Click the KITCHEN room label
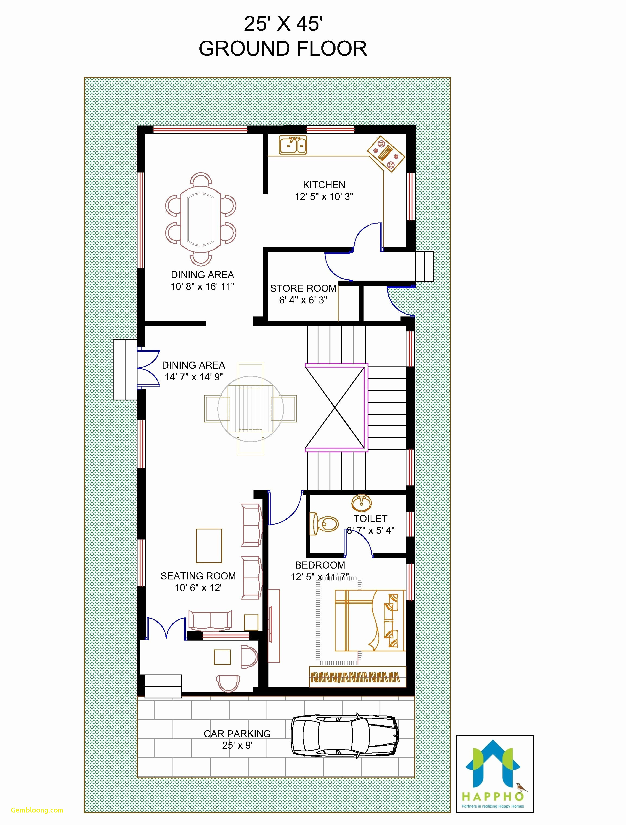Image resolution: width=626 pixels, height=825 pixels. [x=324, y=185]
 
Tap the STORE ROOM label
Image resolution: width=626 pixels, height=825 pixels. [x=303, y=288]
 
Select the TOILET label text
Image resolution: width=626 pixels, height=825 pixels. [x=370, y=518]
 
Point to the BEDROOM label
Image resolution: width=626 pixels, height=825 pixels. [x=320, y=565]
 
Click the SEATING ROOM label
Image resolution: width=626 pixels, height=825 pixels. [x=198, y=576]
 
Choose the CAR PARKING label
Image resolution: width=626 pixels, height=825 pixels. [x=237, y=734]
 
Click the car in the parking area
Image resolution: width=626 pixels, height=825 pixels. [x=344, y=736]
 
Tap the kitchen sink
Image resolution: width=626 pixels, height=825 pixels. [x=293, y=145]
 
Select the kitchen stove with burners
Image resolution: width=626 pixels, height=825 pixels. [x=386, y=153]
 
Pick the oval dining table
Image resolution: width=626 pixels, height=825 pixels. [x=201, y=219]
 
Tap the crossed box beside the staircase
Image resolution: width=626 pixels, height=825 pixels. [x=335, y=408]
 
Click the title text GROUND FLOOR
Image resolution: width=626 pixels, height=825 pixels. [x=283, y=49]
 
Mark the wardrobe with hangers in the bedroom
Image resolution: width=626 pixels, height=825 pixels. [x=357, y=677]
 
